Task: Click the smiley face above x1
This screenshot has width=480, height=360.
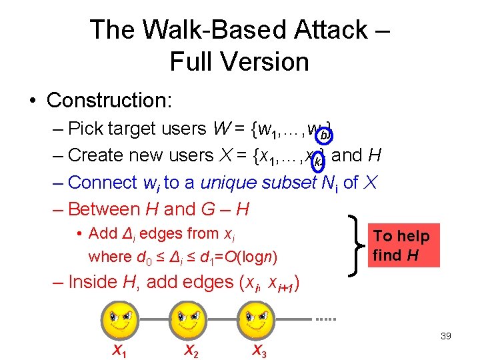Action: [x=119, y=319]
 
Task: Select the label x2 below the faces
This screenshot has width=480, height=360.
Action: [x=190, y=349]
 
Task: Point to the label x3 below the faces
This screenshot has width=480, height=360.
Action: [x=259, y=349]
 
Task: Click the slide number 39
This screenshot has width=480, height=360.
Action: [x=445, y=336]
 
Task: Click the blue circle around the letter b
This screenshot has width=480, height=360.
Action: [x=324, y=135]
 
